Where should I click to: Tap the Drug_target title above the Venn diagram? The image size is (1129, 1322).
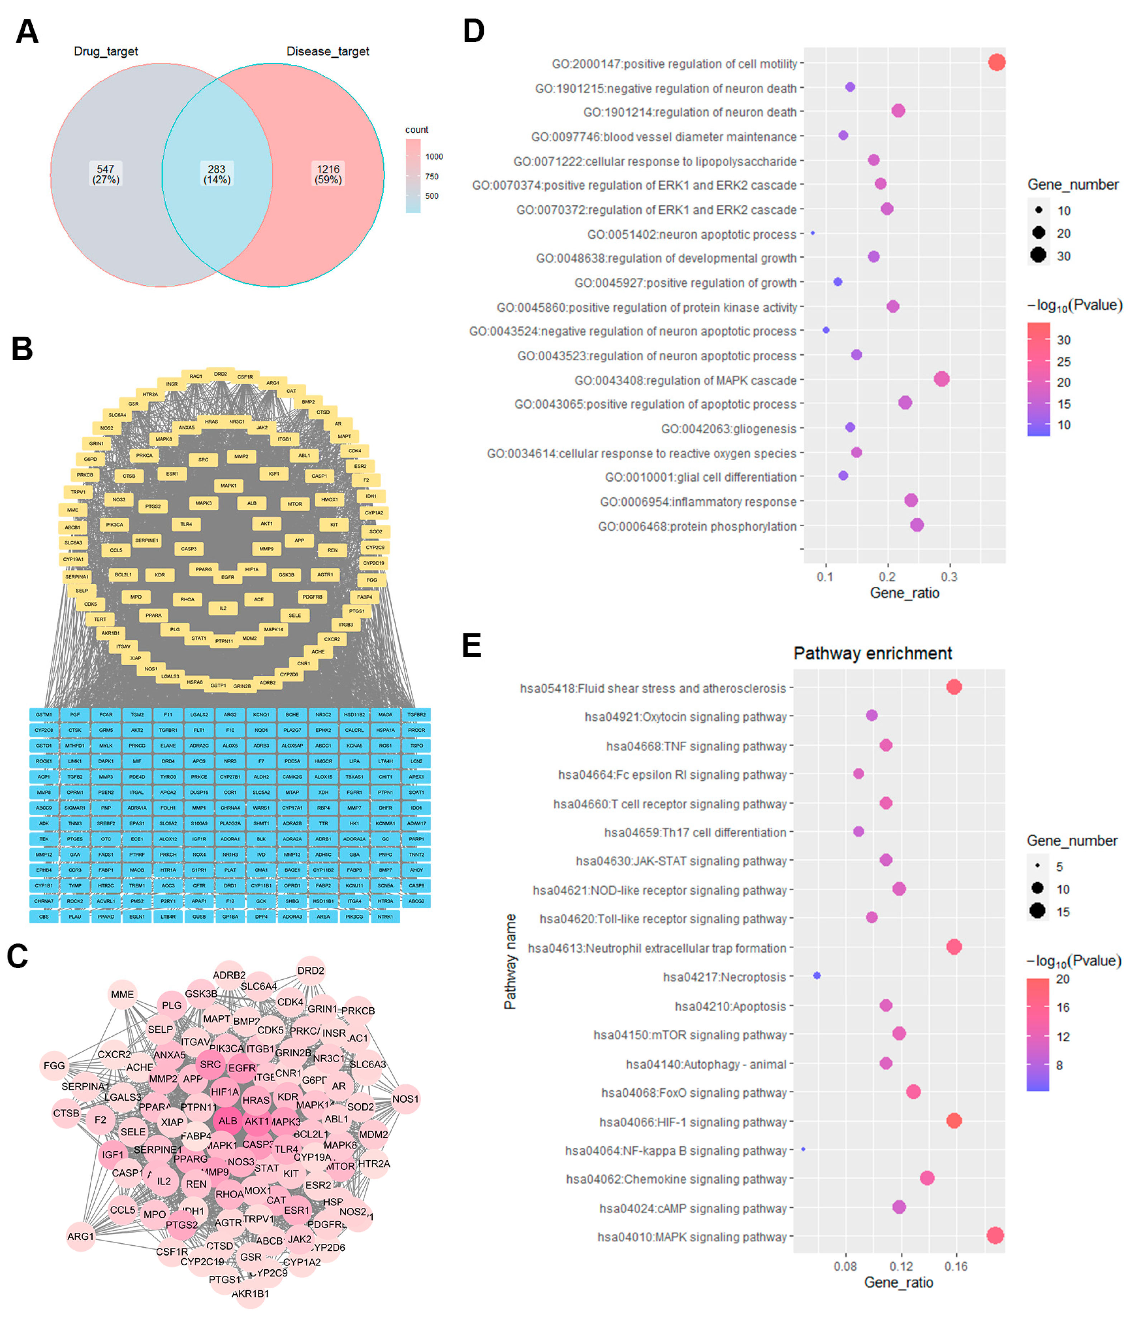(106, 51)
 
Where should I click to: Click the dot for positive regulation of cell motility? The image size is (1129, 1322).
(996, 62)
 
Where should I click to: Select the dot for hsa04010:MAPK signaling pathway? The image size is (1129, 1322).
(994, 1236)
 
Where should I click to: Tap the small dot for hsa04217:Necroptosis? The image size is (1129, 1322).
(817, 976)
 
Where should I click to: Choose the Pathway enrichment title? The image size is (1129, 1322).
(872, 653)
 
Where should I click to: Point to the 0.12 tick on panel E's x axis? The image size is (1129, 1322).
(901, 1266)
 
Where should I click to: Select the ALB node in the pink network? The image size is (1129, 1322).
(228, 1121)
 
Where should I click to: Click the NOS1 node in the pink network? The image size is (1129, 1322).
(405, 1099)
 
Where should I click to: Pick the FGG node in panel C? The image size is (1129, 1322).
(54, 1065)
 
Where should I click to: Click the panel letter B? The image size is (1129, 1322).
(22, 349)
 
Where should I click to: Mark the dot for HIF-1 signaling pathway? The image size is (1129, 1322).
(953, 1121)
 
